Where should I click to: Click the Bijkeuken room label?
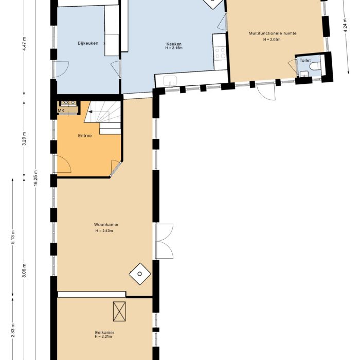tap(88, 43)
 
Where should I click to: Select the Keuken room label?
tap(174, 44)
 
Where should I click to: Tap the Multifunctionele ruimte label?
tap(273, 33)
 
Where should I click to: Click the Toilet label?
tap(305, 60)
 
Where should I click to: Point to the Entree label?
tap(85, 136)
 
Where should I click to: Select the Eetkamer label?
tap(104, 333)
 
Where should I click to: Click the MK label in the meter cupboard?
tap(61, 110)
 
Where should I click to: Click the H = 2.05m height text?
tap(272, 40)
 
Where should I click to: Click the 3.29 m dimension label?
tap(24, 139)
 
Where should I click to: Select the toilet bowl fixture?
tap(316, 66)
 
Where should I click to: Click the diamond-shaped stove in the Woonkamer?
tap(139, 273)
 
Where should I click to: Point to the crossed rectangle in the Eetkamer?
tap(119, 310)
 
